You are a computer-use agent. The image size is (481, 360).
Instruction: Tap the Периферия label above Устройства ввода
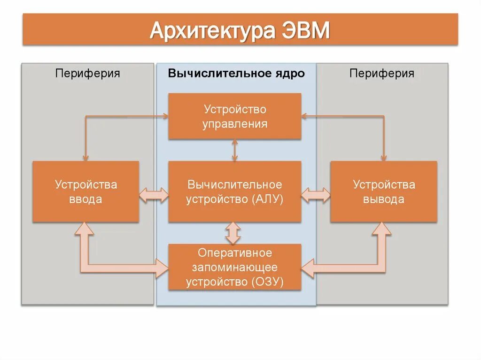87,74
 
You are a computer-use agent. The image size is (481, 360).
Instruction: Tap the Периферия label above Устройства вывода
381,74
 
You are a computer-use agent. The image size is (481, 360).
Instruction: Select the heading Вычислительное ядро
236,74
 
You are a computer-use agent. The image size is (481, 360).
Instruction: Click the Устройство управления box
234,116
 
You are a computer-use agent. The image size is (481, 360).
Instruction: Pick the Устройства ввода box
85,191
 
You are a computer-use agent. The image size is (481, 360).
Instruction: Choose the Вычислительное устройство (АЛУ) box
234,191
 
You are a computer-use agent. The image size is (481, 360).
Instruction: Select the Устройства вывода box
384,191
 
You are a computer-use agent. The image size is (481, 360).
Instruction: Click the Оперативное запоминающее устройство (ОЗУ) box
234,267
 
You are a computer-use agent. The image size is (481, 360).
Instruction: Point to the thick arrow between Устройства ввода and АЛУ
154,195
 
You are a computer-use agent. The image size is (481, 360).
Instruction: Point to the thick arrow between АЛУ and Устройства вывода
316,195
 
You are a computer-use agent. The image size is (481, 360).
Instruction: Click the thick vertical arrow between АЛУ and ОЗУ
233,233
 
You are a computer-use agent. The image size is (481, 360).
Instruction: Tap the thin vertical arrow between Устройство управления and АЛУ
234,150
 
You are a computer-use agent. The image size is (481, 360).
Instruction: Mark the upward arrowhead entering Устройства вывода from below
381,229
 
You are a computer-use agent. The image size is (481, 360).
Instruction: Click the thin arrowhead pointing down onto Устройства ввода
85,158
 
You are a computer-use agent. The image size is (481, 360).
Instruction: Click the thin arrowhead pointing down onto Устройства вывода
384,158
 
